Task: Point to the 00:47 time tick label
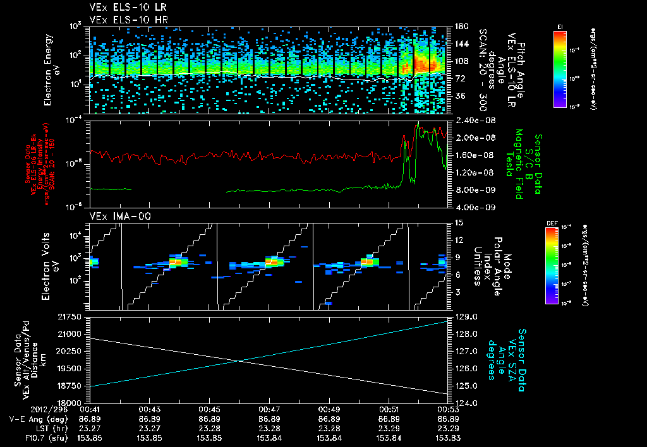(x=269, y=409)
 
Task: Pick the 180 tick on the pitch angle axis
(x=459, y=26)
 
